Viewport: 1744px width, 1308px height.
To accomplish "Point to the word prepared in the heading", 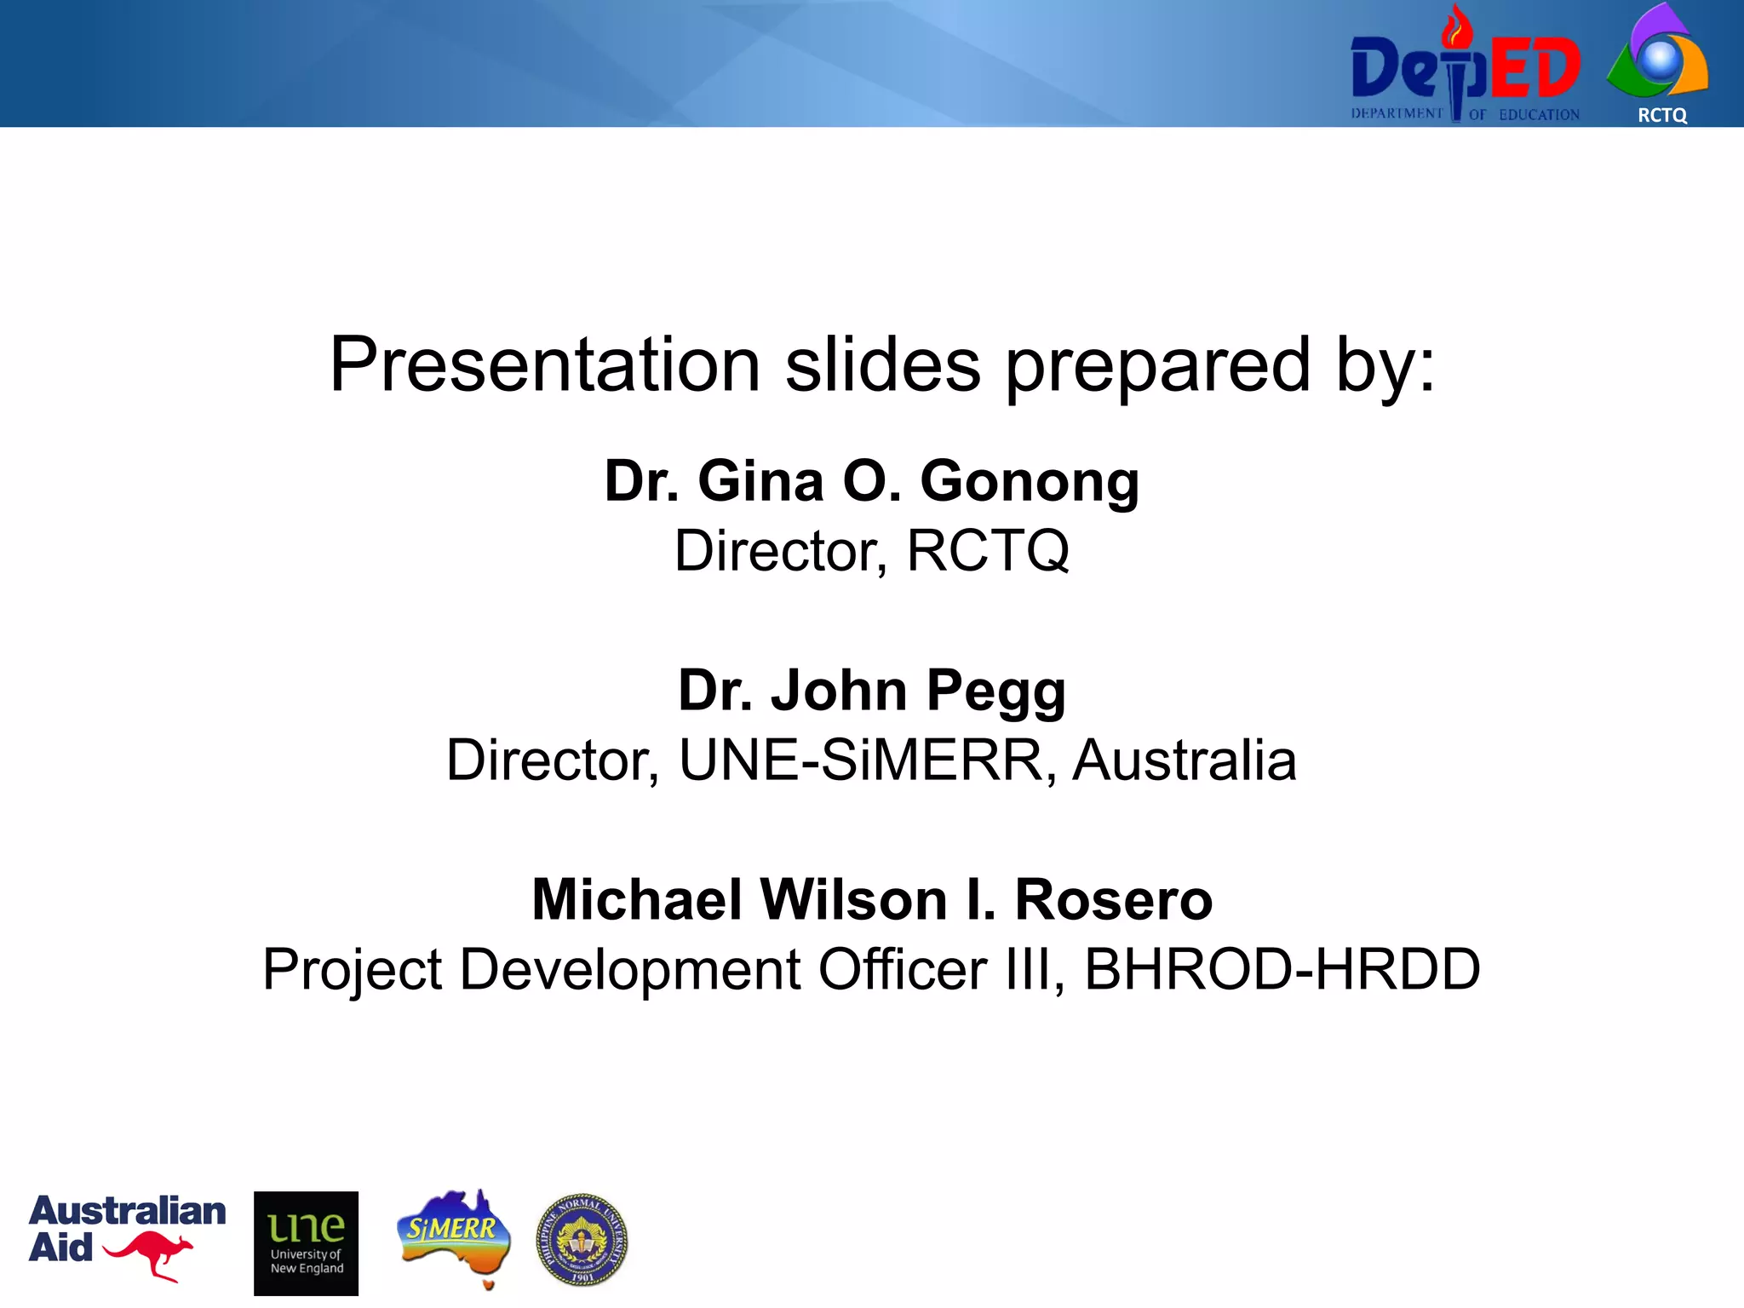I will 1158,366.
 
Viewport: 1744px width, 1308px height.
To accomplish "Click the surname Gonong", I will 1030,482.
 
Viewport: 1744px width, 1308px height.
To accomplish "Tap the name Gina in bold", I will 760,482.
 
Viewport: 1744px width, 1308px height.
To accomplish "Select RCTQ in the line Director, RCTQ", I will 988,551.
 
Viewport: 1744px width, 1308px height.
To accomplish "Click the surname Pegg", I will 995,691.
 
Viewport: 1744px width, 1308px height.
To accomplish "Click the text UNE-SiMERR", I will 861,760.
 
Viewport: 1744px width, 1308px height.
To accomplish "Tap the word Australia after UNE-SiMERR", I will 1184,760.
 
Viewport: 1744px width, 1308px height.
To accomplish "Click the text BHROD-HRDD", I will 1282,970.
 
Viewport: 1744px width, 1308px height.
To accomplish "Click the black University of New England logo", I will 306,1243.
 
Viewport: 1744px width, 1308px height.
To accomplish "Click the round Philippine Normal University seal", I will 582,1239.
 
